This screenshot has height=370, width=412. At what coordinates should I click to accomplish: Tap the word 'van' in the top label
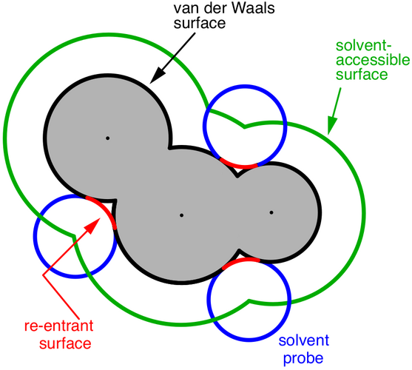click(184, 9)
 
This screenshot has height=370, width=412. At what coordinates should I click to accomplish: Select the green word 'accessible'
click(373, 60)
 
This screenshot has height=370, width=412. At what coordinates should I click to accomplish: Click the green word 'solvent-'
click(364, 46)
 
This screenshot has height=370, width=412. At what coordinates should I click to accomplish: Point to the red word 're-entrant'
click(59, 326)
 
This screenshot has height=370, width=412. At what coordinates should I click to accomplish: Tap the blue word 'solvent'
click(304, 340)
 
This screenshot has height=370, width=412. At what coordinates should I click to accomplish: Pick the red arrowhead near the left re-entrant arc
click(92, 225)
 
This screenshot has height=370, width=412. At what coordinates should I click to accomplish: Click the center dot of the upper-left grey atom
click(107, 138)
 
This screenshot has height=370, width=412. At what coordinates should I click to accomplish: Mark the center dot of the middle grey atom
click(181, 215)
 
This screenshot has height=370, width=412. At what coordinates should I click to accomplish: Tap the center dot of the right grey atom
click(271, 212)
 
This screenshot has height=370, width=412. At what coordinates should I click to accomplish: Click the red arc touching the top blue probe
click(239, 166)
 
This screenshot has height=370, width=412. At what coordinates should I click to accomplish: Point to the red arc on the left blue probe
click(104, 209)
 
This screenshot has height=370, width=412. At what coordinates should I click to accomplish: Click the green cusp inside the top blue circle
click(244, 127)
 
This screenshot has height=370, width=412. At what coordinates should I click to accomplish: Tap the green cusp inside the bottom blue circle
click(249, 301)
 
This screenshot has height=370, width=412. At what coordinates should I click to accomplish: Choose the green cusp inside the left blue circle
click(74, 236)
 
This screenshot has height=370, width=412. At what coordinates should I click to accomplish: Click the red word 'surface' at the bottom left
click(65, 343)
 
